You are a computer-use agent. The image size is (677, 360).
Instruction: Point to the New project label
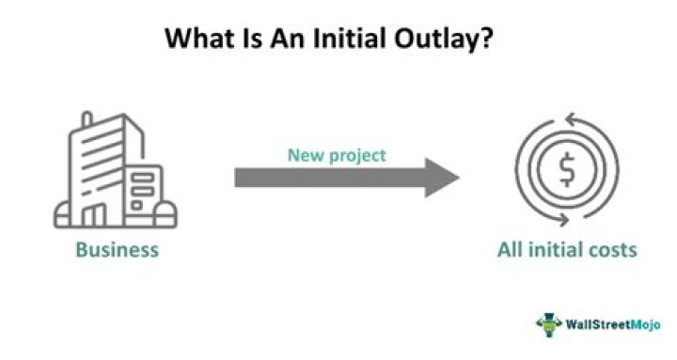tap(336, 155)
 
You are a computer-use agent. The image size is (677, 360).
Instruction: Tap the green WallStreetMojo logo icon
tap(549, 324)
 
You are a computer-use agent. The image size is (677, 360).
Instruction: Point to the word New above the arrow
tap(303, 155)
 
